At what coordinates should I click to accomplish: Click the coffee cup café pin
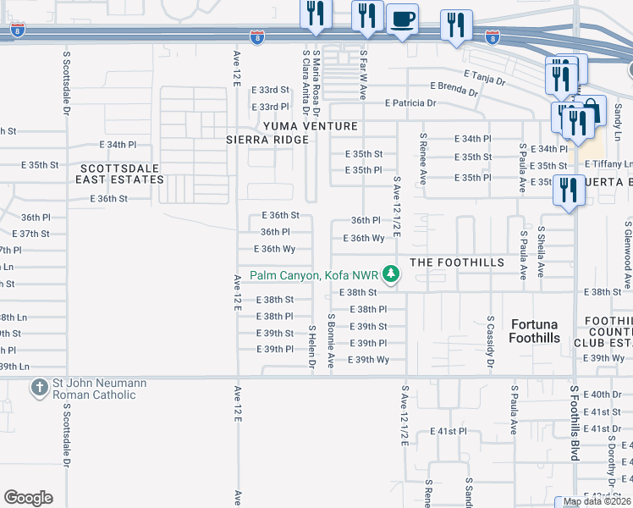click(403, 19)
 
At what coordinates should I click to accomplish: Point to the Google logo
click(28, 498)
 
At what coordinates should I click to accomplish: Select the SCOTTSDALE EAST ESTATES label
click(118, 174)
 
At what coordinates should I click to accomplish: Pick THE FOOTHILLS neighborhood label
click(457, 262)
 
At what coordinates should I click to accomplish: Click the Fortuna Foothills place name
click(534, 331)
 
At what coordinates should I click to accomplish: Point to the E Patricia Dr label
click(410, 103)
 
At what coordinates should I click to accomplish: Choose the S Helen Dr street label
click(311, 345)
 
